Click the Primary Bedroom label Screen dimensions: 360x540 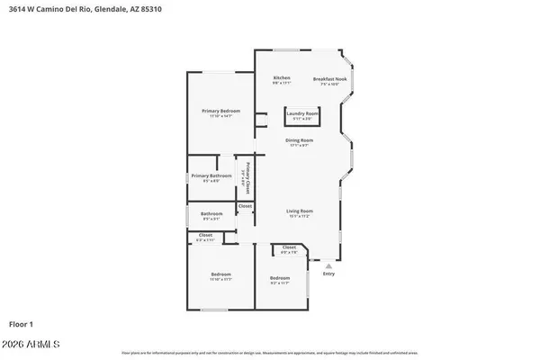click(x=220, y=111)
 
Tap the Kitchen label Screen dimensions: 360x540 click(x=282, y=78)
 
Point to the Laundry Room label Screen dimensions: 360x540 click(x=302, y=113)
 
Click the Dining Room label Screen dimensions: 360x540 click(x=300, y=140)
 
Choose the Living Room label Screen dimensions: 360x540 click(x=300, y=211)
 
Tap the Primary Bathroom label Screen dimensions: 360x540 click(x=206, y=176)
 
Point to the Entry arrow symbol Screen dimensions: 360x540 click(x=328, y=266)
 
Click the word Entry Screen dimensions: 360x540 click(x=328, y=274)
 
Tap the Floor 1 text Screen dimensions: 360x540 click(x=21, y=324)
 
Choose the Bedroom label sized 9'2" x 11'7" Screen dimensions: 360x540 click(x=280, y=279)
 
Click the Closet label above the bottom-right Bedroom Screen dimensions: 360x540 click(x=289, y=247)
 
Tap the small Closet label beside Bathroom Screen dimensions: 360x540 click(x=245, y=206)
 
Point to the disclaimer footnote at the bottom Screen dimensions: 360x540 click(x=269, y=353)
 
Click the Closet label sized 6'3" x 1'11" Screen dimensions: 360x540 click(x=205, y=237)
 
